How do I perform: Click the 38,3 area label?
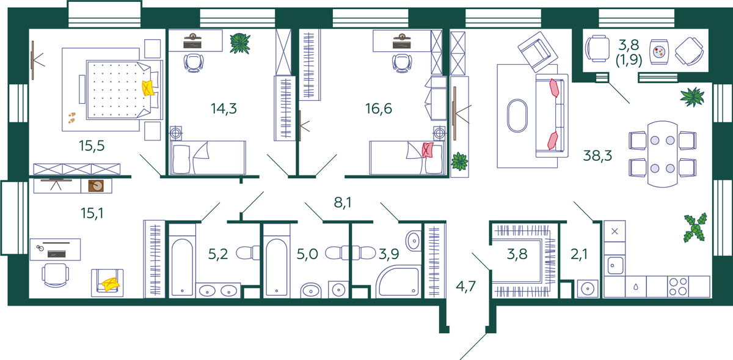click(597, 156)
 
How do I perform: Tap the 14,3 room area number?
click(224, 108)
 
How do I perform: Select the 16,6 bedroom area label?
click(378, 108)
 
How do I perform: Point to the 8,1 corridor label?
click(343, 203)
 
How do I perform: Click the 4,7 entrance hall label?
click(465, 286)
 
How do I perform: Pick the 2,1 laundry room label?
click(579, 254)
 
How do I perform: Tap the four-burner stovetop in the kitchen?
click(677, 287)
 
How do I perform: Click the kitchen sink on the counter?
click(615, 265)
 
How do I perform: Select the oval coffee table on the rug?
click(517, 116)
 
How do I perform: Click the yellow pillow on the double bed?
click(148, 88)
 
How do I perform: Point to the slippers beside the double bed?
click(71, 118)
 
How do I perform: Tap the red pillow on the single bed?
click(428, 150)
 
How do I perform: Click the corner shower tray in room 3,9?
click(398, 282)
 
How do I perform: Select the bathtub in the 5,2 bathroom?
click(182, 267)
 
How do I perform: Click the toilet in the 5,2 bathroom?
click(247, 253)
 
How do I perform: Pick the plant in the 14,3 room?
click(240, 43)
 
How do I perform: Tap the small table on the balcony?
click(659, 52)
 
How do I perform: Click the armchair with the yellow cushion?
click(108, 283)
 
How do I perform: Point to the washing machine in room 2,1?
click(588, 288)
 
